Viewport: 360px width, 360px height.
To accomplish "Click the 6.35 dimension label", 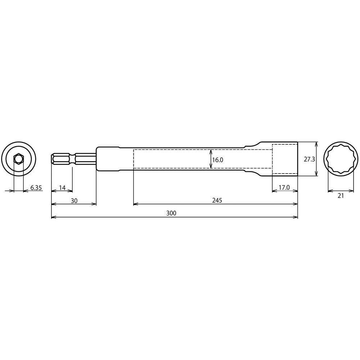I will tap(36, 188).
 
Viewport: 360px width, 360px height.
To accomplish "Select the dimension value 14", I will tap(62, 188).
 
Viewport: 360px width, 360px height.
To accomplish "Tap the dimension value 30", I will tap(74, 201).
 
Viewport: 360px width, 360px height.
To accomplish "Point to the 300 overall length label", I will tap(171, 213).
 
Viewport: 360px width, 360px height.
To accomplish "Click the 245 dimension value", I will tap(217, 201).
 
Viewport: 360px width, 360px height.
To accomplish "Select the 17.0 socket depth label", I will tap(284, 188).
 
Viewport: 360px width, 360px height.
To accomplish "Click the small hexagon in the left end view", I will tap(18, 159).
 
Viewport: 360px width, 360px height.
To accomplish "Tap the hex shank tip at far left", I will tap(53, 159).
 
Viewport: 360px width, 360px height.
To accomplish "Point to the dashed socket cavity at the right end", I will tap(284, 159).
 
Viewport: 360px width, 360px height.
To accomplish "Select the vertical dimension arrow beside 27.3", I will tap(316, 159).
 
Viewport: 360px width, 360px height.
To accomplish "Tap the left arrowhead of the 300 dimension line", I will tap(54, 217).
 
